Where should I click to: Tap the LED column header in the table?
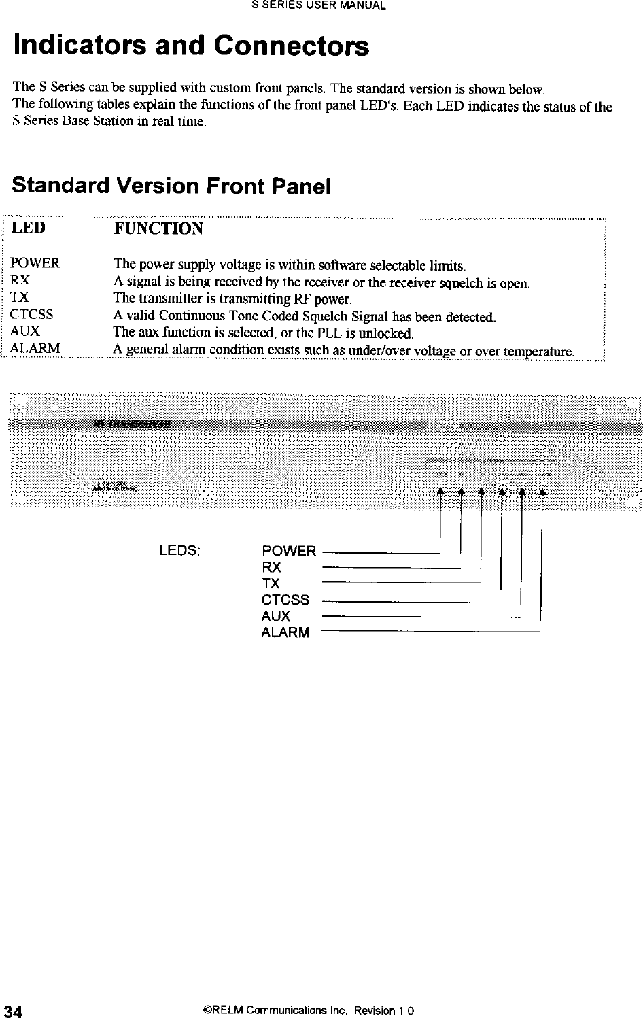(30, 227)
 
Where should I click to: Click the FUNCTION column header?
(158, 228)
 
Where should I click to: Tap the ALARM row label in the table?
(35, 349)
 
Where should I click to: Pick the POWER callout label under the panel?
(289, 551)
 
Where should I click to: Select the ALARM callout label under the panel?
(285, 632)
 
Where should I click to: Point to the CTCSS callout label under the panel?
(285, 600)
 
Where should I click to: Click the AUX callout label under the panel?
(276, 616)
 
